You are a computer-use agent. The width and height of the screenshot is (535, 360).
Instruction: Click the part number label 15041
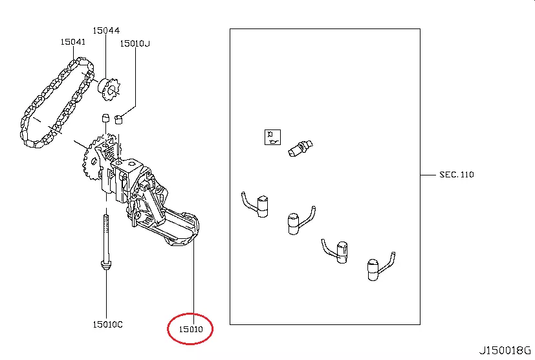[x=73, y=41]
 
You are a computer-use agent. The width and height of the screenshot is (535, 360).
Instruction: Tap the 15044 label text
[x=106, y=30]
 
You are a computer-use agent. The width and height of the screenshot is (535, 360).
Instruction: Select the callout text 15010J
[x=135, y=43]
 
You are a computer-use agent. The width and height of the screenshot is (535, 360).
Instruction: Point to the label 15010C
[x=107, y=324]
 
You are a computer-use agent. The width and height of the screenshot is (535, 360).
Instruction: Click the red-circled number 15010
[x=191, y=330]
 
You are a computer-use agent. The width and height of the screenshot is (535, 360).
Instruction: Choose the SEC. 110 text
[x=457, y=175]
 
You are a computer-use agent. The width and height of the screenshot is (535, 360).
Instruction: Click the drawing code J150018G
[x=505, y=350]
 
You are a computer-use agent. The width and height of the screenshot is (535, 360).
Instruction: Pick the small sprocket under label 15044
[x=109, y=89]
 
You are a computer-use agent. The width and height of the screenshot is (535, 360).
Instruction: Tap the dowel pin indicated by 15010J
[x=118, y=120]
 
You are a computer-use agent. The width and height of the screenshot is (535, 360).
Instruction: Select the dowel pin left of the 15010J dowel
[x=106, y=118]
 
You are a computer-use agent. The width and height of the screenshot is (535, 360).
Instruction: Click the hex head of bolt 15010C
[x=106, y=265]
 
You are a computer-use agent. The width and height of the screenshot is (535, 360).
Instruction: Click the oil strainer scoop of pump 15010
[x=181, y=229]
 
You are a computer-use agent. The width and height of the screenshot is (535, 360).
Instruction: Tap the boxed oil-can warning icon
[x=272, y=137]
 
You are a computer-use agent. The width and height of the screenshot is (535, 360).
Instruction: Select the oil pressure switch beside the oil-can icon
[x=300, y=148]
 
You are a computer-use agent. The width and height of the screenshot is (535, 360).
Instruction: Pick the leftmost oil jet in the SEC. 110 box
[x=256, y=205]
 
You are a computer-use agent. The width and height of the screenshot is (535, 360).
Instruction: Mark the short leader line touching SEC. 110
[x=428, y=175]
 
